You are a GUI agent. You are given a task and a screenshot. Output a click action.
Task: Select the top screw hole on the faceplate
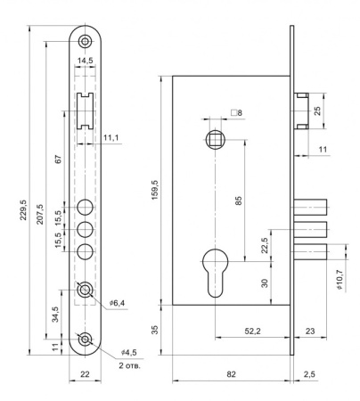tap(86, 41)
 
